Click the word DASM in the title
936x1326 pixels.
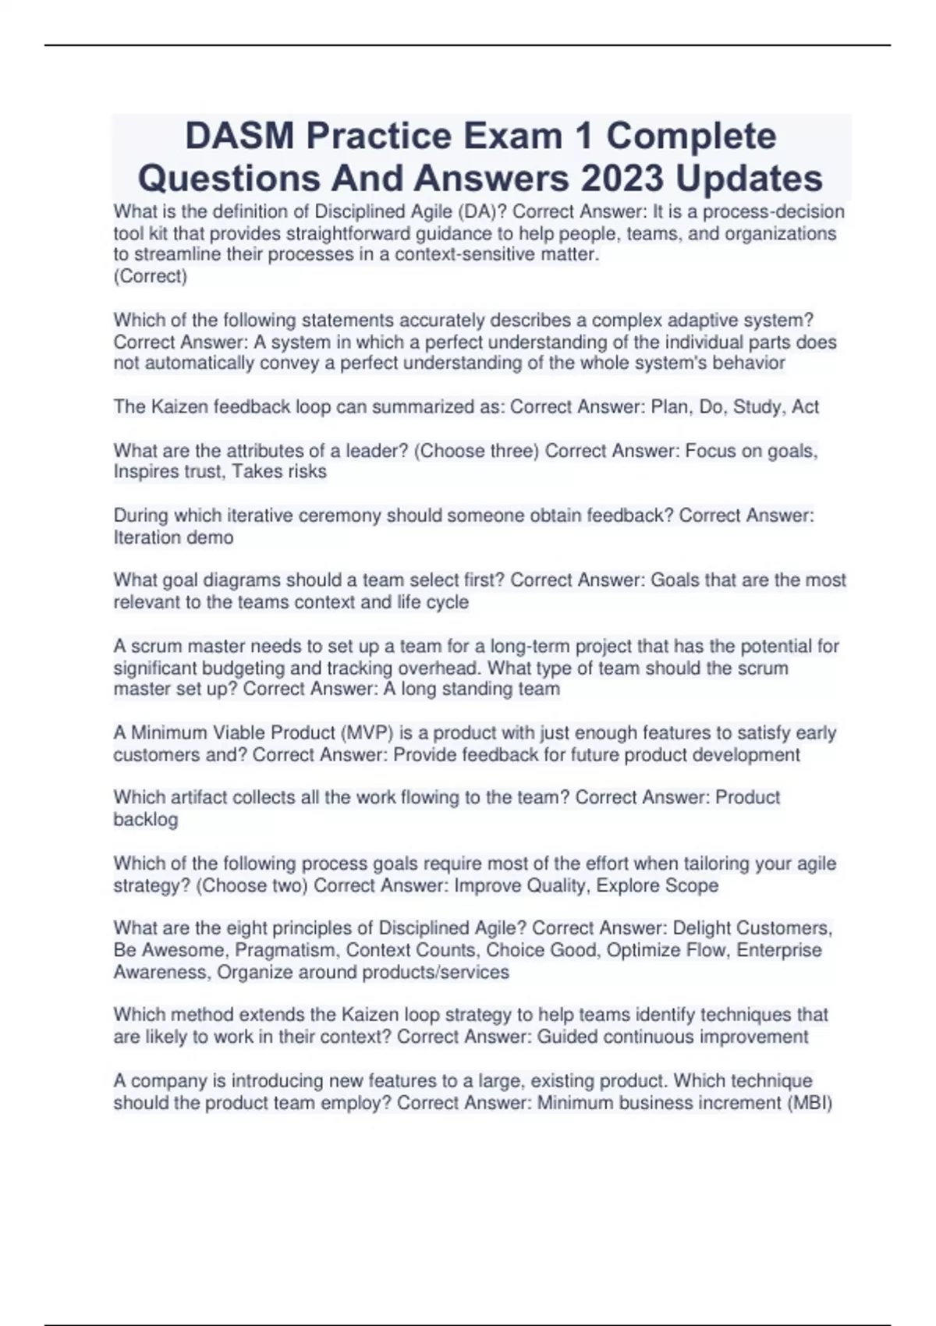click(239, 136)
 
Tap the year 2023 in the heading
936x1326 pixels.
click(622, 178)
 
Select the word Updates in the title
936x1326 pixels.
click(749, 178)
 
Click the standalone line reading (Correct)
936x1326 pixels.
click(151, 276)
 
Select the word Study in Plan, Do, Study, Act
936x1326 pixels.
click(757, 406)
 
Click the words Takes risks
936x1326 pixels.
click(279, 471)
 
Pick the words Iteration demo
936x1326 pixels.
click(173, 537)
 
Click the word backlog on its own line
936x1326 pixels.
click(146, 819)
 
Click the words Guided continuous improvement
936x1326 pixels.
click(672, 1037)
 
